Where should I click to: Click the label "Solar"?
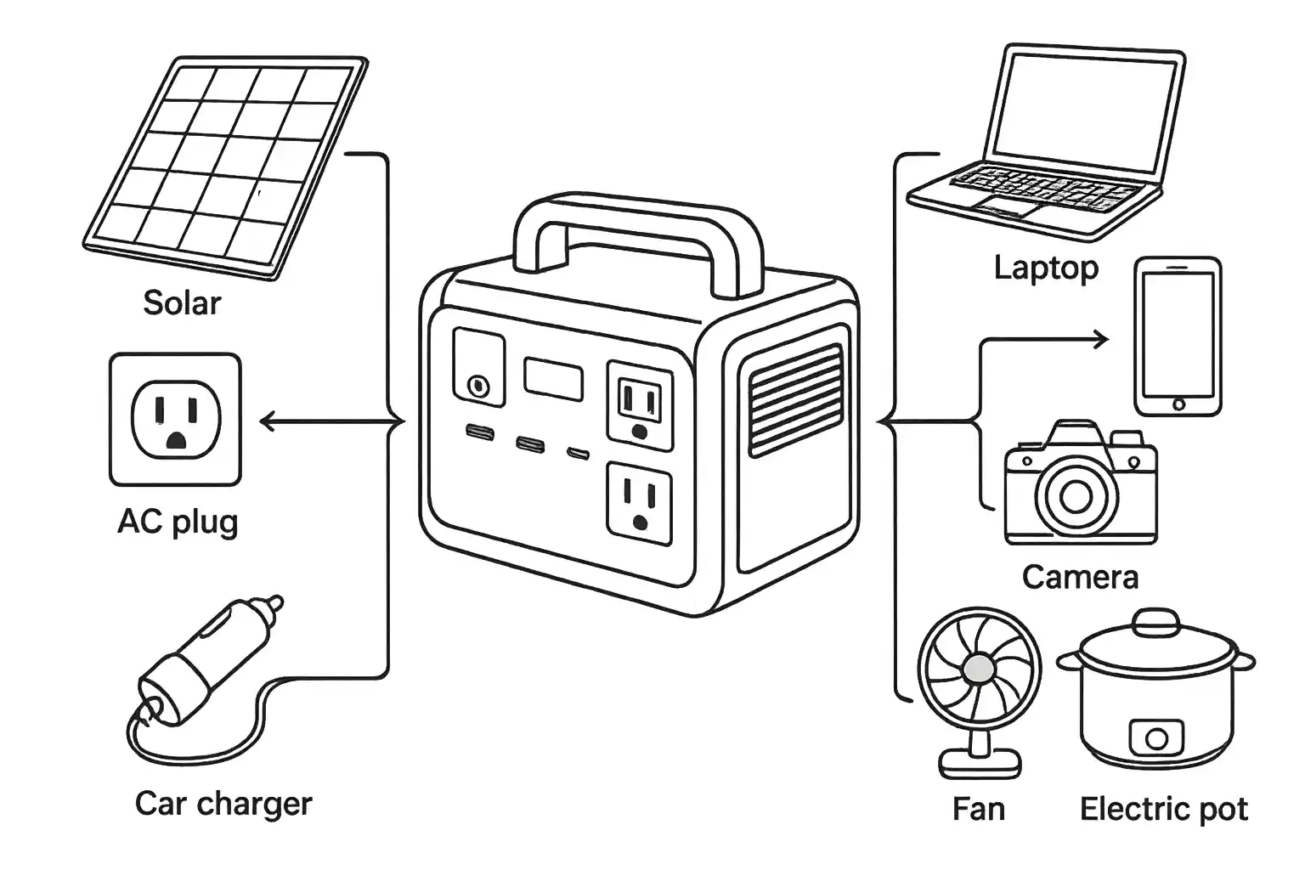pyautogui.click(x=182, y=303)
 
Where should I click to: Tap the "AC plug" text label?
pyautogui.click(x=178, y=522)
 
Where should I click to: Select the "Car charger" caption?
pyautogui.click(x=223, y=803)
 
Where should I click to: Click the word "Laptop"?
pyautogui.click(x=1046, y=268)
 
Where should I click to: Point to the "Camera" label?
pyautogui.click(x=1080, y=578)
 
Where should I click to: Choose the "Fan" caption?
pyautogui.click(x=978, y=809)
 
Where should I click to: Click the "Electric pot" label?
pyautogui.click(x=1163, y=809)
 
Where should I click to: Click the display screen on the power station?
pyautogui.click(x=553, y=379)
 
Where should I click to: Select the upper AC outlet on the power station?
pyautogui.click(x=640, y=402)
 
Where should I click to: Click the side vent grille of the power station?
pyautogui.click(x=794, y=399)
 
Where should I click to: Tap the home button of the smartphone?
pyautogui.click(x=1178, y=404)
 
